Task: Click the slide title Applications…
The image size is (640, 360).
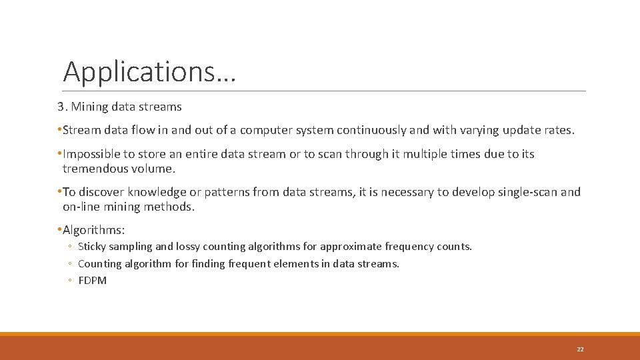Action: click(149, 72)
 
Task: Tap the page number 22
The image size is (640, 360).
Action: click(580, 349)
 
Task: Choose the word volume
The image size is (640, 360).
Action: click(160, 169)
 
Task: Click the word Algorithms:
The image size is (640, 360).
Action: click(93, 230)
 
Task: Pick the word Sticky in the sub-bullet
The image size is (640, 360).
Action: click(91, 247)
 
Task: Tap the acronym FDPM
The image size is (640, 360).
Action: click(92, 281)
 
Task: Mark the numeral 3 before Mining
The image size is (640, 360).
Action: click(59, 106)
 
